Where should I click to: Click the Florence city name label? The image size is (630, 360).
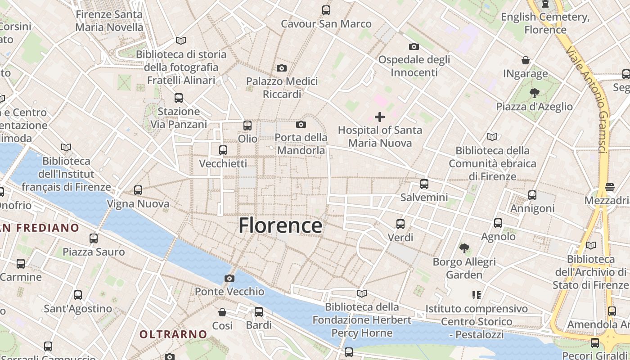point(280,225)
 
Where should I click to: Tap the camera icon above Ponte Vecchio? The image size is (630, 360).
point(229,278)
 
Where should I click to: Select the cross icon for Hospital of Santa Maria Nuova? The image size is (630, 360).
point(380,117)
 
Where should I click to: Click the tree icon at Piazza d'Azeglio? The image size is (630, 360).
point(534,93)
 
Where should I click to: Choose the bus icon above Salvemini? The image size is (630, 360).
point(424,184)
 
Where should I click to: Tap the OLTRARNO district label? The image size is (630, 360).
point(173,334)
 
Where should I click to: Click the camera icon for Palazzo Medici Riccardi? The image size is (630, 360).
point(282,68)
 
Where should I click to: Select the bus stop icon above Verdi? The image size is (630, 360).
point(400,224)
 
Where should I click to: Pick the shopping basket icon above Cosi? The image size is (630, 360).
point(222,312)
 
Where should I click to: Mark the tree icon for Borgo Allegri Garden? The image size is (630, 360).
point(464,248)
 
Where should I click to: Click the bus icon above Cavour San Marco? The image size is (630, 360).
point(326,10)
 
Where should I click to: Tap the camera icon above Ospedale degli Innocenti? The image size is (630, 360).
point(414,46)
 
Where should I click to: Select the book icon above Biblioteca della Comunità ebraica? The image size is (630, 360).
point(492,137)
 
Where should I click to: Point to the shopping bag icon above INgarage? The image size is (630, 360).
point(525,60)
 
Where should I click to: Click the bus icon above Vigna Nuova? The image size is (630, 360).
point(138,190)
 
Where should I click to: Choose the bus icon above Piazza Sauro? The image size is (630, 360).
point(94,238)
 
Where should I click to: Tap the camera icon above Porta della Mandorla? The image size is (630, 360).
point(301,124)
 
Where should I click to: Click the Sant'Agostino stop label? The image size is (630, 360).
point(78,309)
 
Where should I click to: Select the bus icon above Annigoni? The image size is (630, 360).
point(532,195)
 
